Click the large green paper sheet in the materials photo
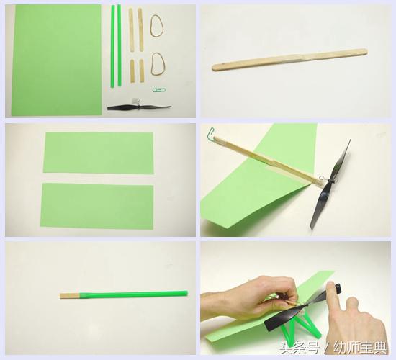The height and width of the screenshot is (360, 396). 56,60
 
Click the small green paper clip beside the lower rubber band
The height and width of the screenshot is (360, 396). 159,90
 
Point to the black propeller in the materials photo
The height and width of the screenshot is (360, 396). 139,107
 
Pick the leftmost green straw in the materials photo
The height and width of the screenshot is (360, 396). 112,46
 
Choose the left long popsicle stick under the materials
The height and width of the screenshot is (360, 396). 131,30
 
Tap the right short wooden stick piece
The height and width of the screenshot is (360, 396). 141,71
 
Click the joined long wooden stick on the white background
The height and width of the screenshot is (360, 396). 289,59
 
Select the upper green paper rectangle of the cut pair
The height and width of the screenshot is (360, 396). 99,153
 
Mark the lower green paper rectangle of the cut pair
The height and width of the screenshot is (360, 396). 97,206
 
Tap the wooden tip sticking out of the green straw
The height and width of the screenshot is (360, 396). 70,296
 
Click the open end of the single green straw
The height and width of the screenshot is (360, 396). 186,293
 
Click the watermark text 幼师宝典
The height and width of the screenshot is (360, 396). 360,348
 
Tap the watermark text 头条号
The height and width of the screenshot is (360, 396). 299,348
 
